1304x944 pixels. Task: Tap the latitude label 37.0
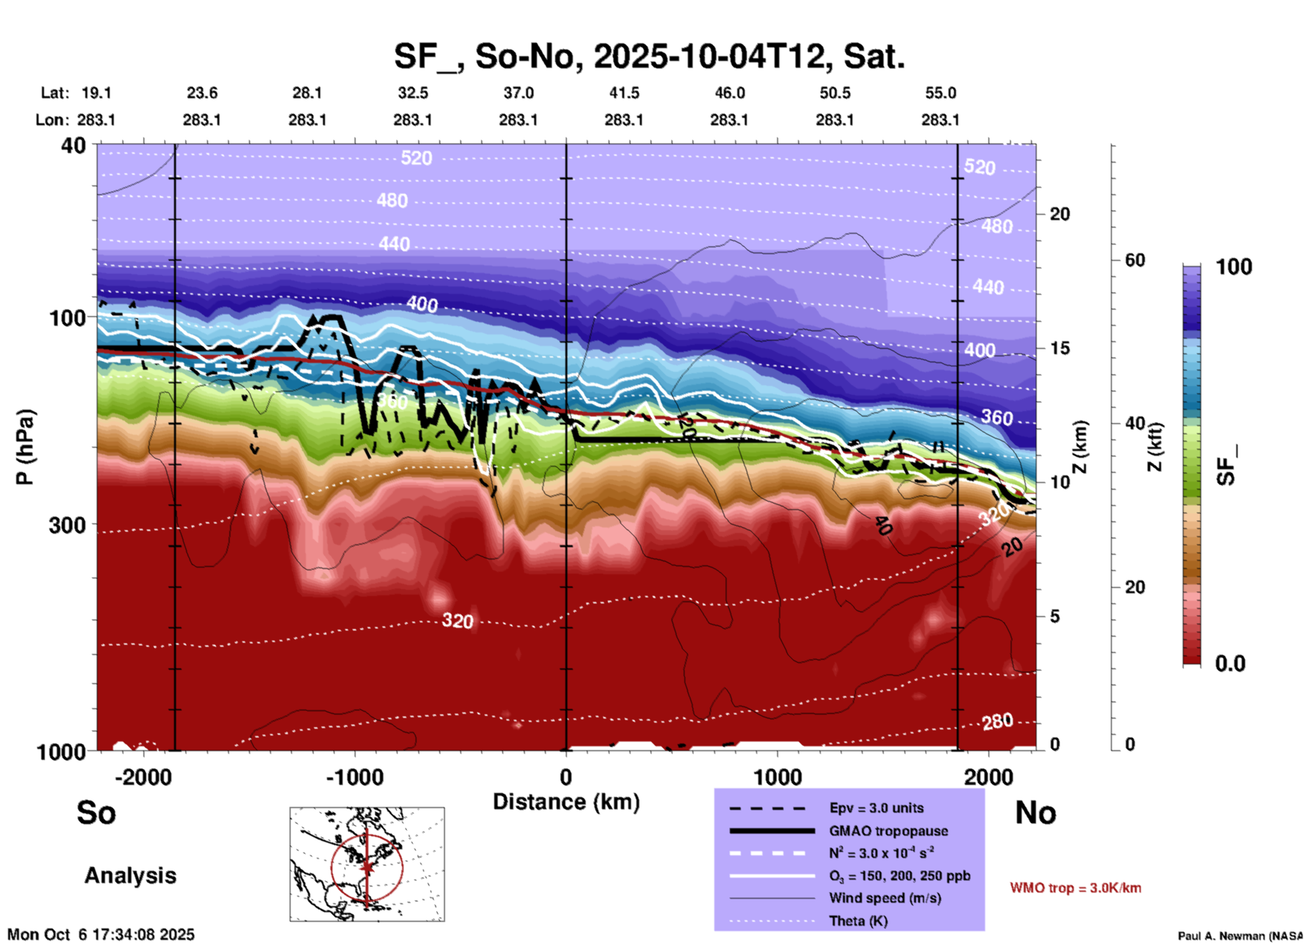[x=518, y=93]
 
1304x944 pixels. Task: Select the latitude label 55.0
[x=940, y=93]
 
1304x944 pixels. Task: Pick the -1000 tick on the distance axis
[x=354, y=777]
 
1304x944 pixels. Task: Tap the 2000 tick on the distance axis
[x=989, y=777]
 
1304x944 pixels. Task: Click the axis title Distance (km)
[x=566, y=802]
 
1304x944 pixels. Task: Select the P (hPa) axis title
[x=25, y=447]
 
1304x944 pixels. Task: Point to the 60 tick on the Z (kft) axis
[x=1135, y=261]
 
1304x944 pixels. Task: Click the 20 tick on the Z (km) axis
[x=1060, y=215]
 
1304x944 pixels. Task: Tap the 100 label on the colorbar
[x=1234, y=267]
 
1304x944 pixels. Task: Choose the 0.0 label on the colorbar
[x=1230, y=664]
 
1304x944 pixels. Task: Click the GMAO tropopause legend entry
[x=888, y=831]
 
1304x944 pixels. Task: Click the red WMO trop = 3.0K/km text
[x=1075, y=888]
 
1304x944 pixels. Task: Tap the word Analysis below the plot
[x=130, y=876]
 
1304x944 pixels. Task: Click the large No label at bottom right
[x=1035, y=813]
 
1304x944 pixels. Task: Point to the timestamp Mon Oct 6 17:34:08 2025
[x=101, y=935]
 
